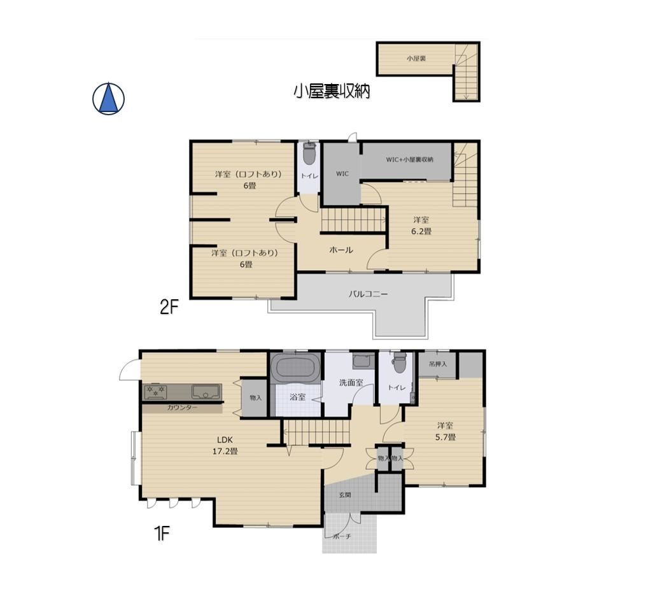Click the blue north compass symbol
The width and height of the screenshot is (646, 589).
108,99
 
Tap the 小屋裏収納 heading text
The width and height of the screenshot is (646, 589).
332,91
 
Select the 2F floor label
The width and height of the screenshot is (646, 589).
169,307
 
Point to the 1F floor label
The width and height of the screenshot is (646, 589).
162,534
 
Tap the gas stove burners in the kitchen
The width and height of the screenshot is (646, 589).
156,392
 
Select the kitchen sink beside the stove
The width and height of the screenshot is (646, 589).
206,392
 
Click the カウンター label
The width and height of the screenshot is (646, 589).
182,408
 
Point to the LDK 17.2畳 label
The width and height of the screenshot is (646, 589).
225,446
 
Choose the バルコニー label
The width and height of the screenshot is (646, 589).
368,294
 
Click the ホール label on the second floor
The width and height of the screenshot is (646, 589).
341,250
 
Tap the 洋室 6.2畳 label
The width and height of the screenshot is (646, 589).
421,225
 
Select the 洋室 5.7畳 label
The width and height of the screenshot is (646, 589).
446,431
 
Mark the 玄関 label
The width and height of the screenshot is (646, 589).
345,495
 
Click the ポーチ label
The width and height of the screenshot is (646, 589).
343,536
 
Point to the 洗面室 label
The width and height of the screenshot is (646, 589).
351,383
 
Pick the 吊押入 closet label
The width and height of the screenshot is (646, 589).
437,364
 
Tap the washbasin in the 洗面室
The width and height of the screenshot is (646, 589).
363,362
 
